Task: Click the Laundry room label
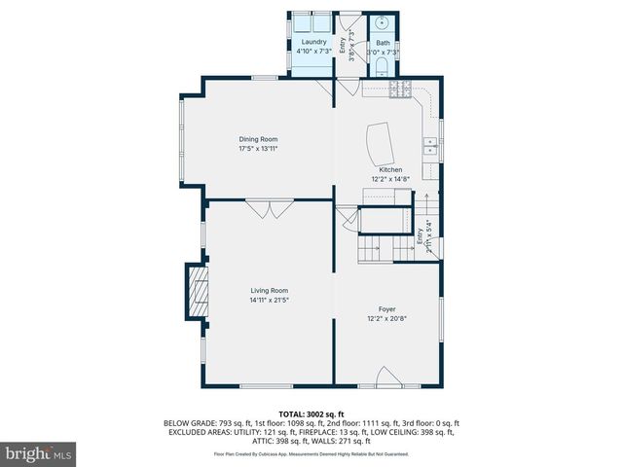coord(313,42)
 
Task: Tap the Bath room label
coord(383,42)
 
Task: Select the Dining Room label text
coord(258,139)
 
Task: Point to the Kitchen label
coord(390,169)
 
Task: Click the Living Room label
coord(269,290)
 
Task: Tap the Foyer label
coord(387,308)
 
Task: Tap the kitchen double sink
coord(428,147)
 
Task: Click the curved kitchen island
coord(381,145)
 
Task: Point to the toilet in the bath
coord(383,67)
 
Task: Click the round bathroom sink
coord(384,22)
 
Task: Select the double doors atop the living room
coord(269,208)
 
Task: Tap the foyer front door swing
coord(386,377)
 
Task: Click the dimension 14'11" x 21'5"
coord(269,300)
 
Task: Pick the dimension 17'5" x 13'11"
coord(258,149)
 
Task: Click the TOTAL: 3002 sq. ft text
coord(311,413)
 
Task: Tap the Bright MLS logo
coord(39,453)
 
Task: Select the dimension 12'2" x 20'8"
coord(387,318)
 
